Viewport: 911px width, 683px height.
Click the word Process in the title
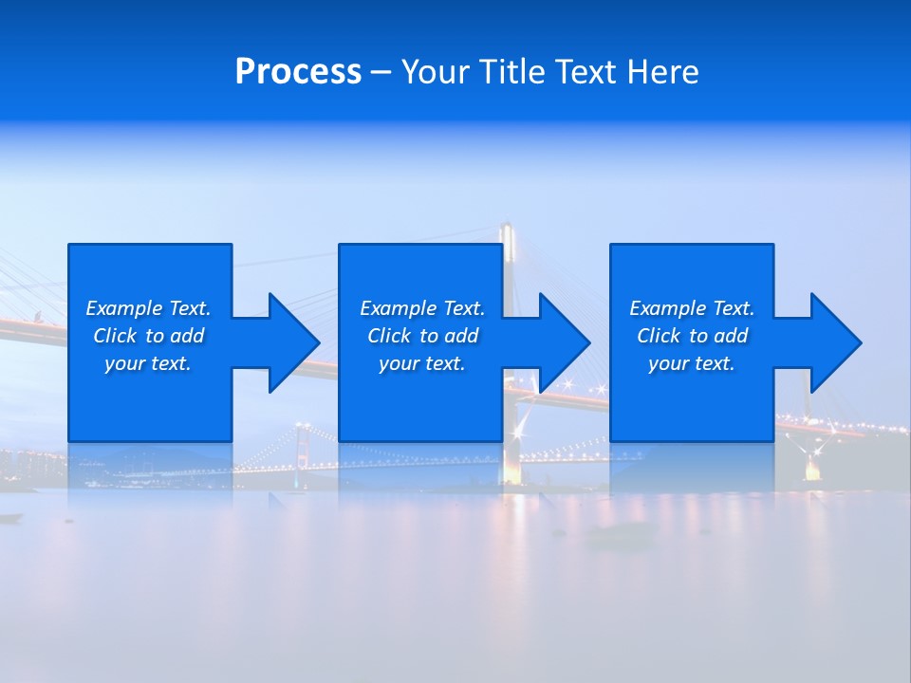(x=298, y=72)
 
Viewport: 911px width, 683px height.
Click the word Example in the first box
(x=124, y=308)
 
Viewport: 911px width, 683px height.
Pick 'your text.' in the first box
(x=148, y=363)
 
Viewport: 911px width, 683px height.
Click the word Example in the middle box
(x=399, y=308)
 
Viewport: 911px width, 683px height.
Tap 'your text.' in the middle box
(x=422, y=363)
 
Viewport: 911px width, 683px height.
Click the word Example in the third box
(x=668, y=308)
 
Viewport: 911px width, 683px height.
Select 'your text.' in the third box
(x=692, y=363)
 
